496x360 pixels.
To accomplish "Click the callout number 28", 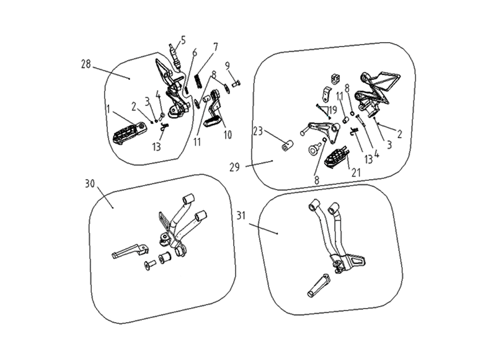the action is click(86, 64).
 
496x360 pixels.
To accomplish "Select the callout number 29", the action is click(234, 167).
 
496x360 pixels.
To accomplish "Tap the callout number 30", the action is click(90, 183).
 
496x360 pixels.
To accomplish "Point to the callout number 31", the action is click(241, 216).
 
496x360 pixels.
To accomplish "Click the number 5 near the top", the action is click(183, 40).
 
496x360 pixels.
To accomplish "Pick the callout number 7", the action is click(195, 53).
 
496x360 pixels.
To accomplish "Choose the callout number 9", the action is click(215, 47).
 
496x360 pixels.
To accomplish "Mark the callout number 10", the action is click(227, 66).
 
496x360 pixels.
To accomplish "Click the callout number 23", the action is click(228, 135).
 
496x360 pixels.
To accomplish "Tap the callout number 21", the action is click(258, 131).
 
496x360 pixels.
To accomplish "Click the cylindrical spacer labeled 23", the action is click(288, 146).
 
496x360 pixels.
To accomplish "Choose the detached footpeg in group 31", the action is click(319, 286).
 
